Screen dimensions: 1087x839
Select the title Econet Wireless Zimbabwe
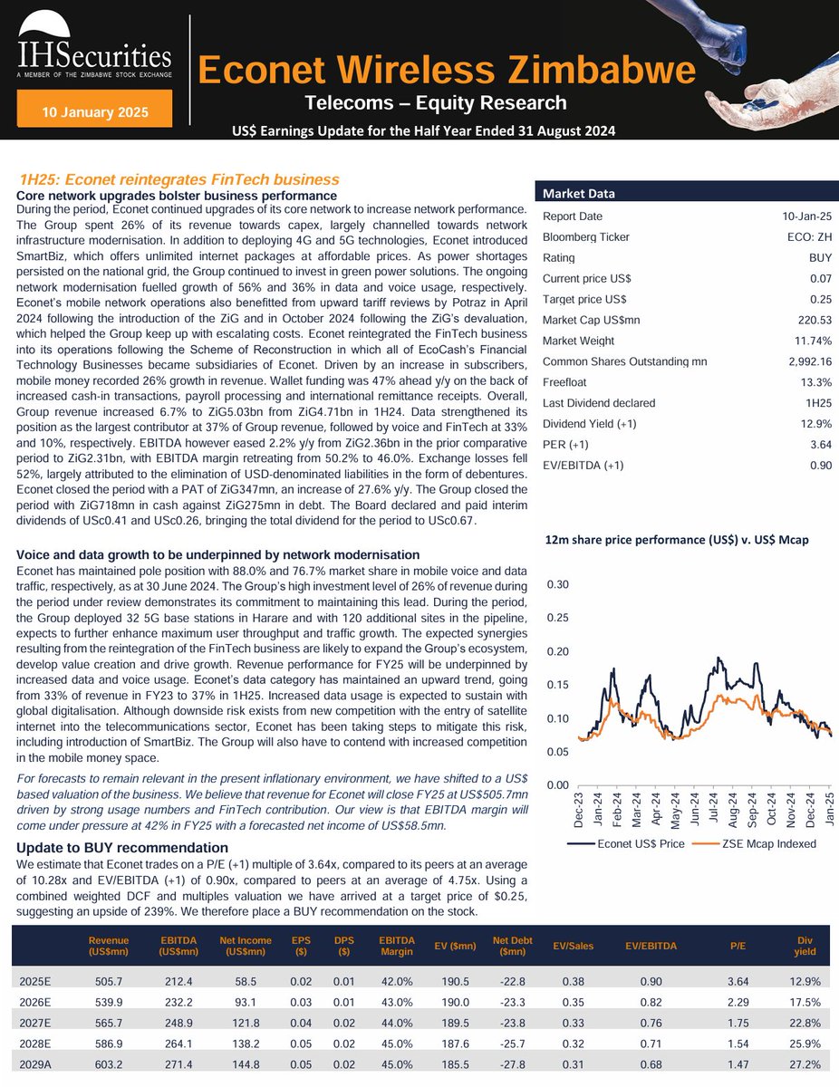[447, 70]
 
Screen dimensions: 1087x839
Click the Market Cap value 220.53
[813, 319]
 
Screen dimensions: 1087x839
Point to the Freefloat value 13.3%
[815, 381]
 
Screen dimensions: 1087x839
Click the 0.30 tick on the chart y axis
[556, 584]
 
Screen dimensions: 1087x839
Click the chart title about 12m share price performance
[676, 540]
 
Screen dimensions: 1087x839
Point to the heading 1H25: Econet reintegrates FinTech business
[179, 179]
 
